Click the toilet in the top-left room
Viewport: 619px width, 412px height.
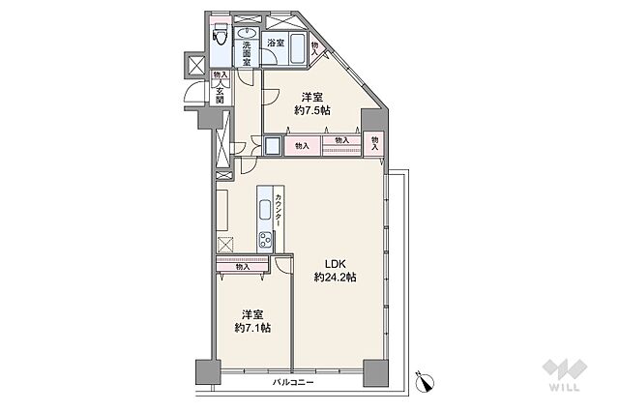[x=220, y=35]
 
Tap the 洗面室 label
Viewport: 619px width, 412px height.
[x=247, y=53]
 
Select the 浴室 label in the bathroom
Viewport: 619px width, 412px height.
[x=276, y=43]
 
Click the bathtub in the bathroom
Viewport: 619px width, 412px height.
[x=297, y=49]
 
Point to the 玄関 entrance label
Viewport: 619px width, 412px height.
[x=220, y=95]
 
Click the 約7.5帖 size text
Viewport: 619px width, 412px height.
[x=312, y=110]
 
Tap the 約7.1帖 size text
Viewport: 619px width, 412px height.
[x=252, y=328]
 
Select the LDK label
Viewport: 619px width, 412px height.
[x=336, y=264]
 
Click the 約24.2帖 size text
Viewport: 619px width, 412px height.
[x=336, y=277]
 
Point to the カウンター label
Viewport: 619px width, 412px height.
[x=279, y=210]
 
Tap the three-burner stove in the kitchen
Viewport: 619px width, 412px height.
[x=265, y=239]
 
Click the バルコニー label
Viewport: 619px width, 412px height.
[x=293, y=382]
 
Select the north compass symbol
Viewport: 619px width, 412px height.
[x=426, y=381]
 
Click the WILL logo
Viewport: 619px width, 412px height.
[x=565, y=375]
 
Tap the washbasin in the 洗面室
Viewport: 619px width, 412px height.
[x=248, y=32]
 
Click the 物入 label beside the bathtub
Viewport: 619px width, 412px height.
[x=314, y=48]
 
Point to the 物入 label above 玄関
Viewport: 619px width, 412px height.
[x=221, y=74]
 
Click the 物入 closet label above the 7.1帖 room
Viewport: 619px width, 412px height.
[x=243, y=267]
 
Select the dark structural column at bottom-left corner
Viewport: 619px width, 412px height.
[x=208, y=371]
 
